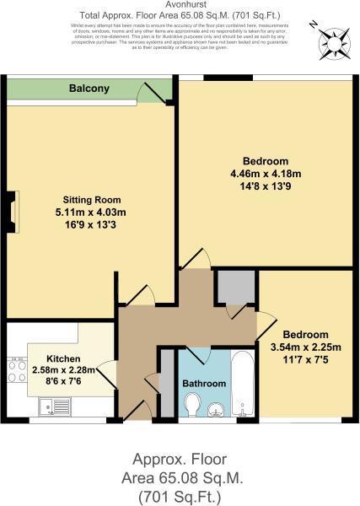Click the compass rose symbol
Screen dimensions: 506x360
pos(330,40)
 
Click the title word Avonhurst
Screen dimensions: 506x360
pos(180,6)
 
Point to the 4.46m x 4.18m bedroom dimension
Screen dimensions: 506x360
pos(266,174)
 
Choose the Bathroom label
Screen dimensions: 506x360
pos(204,384)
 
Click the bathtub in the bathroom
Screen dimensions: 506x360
pos(242,383)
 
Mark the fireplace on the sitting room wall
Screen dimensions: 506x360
pos(12,213)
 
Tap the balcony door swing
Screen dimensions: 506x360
pos(152,92)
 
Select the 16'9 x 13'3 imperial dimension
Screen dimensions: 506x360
pos(72,224)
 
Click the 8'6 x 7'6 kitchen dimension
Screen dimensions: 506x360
pos(63,381)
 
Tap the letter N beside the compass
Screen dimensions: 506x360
pos(314,25)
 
